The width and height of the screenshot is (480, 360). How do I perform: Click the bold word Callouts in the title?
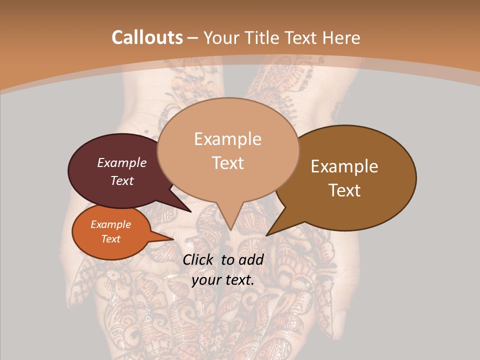[x=147, y=37]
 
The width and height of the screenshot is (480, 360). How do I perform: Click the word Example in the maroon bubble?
[x=121, y=162]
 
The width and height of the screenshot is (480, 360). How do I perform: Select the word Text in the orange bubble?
[x=110, y=239]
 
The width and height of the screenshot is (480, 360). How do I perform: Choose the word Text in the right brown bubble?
[x=344, y=190]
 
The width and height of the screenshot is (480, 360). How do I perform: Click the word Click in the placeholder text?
[x=199, y=259]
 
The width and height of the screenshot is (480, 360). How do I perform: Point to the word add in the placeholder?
[x=251, y=259]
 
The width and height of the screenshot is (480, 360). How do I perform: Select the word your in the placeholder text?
[x=206, y=280]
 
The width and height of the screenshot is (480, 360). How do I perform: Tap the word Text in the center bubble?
[x=227, y=162]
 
